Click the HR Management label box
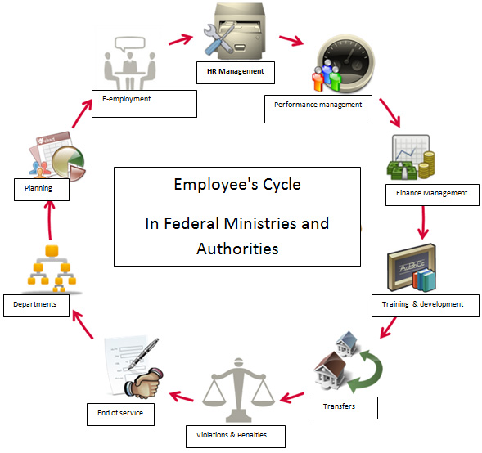click(x=236, y=73)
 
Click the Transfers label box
click(x=345, y=408)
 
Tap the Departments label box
click(x=36, y=306)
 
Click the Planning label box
click(x=42, y=190)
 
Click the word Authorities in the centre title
click(x=237, y=249)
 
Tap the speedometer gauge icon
click(x=347, y=63)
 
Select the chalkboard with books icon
click(x=412, y=268)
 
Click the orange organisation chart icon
click(x=52, y=269)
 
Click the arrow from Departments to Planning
click(x=49, y=220)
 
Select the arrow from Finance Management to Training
click(x=423, y=222)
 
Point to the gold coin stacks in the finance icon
click(x=427, y=164)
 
